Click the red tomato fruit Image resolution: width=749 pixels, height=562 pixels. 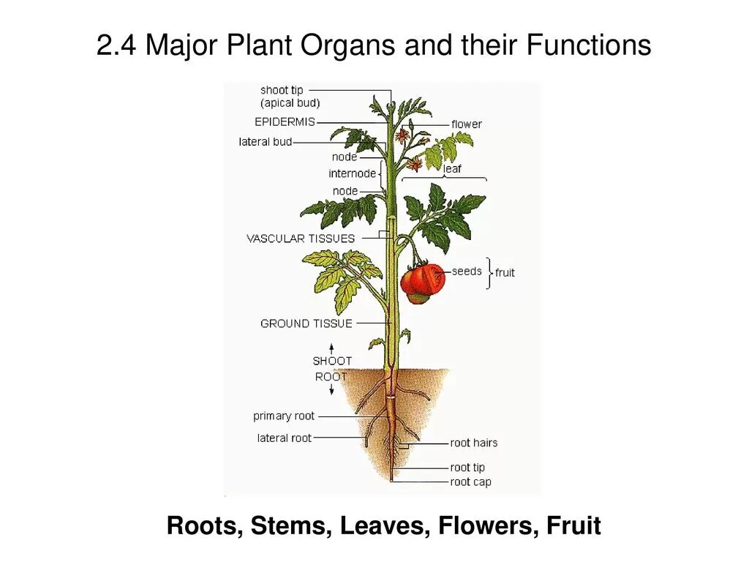coord(423,282)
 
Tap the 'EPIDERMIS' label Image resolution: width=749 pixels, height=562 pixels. coord(285,122)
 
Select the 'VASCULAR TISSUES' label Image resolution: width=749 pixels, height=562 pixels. coord(300,239)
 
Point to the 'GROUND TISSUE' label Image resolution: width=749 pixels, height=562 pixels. coord(306,323)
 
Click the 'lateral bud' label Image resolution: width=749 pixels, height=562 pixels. coord(265,142)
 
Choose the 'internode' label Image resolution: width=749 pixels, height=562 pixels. coord(352,173)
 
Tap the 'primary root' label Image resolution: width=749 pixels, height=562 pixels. coord(284,416)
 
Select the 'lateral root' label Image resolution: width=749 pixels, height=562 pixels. coord(284,438)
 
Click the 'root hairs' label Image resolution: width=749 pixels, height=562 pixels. coord(473,443)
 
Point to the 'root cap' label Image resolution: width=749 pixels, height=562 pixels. coord(470,482)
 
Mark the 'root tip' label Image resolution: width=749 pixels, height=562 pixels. coord(467,468)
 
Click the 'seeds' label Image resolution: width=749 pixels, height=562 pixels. coord(467,271)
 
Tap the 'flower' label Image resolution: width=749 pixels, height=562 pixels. coord(467,124)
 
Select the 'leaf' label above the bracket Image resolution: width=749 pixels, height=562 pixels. coord(452,169)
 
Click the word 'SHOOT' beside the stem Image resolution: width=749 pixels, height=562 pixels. coord(332,361)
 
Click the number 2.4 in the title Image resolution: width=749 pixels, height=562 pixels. coord(117,46)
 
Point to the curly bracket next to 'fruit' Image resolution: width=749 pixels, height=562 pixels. coord(488,273)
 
